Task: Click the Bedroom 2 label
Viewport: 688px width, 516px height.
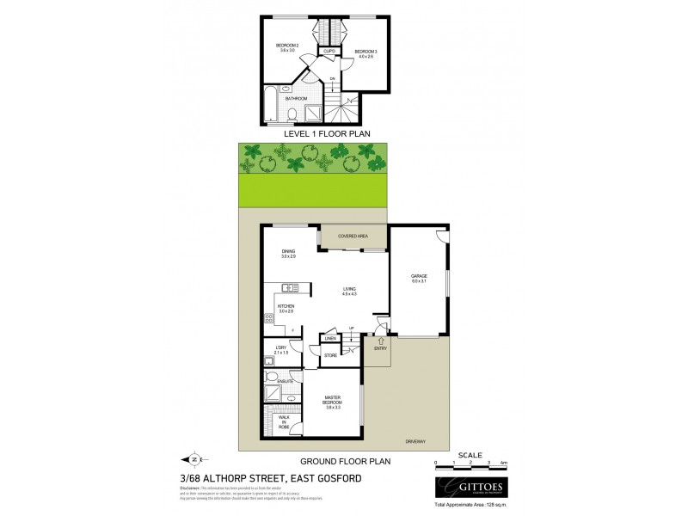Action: [286, 47]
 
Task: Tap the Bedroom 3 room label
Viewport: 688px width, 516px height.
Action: [365, 54]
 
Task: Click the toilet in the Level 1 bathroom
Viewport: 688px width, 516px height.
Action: [293, 114]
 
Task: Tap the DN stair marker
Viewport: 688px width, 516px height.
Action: [332, 80]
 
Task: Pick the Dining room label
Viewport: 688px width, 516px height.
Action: [287, 254]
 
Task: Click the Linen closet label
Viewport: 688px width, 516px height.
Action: [329, 339]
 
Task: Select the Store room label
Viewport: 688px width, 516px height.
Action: [329, 354]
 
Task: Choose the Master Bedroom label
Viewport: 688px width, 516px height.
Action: [335, 402]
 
